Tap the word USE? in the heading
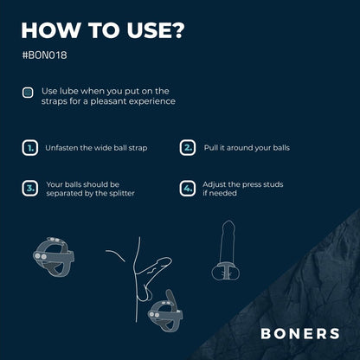pos(155,30)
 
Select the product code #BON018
pos(45,55)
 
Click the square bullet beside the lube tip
pos(28,93)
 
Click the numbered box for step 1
pos(30,148)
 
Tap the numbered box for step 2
pos(188,148)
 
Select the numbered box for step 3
pos(30,189)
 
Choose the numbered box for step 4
pos(188,189)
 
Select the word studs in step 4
pos(272,184)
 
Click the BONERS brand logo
pos(300,334)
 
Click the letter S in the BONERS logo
pos(334,334)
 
